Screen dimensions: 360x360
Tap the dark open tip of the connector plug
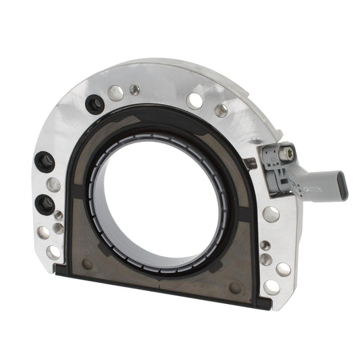click(x=343, y=186)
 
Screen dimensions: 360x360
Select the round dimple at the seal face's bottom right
click(x=234, y=286)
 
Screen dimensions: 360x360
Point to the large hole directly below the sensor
click(x=271, y=214)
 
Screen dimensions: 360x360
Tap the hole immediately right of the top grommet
click(x=115, y=94)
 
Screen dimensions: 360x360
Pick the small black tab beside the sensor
click(x=251, y=163)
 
